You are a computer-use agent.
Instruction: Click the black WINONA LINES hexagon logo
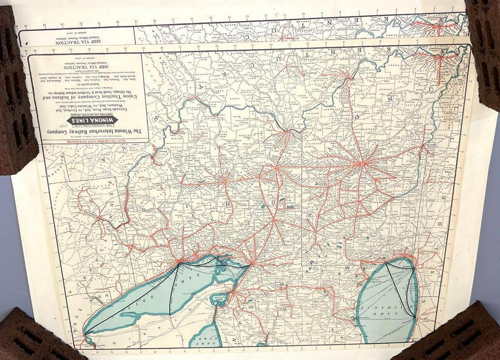click(93, 121)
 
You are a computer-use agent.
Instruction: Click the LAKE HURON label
click(200, 339)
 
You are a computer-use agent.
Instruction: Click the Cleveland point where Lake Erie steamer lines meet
click(180, 262)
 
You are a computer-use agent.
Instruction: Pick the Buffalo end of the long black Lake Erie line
click(86, 335)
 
